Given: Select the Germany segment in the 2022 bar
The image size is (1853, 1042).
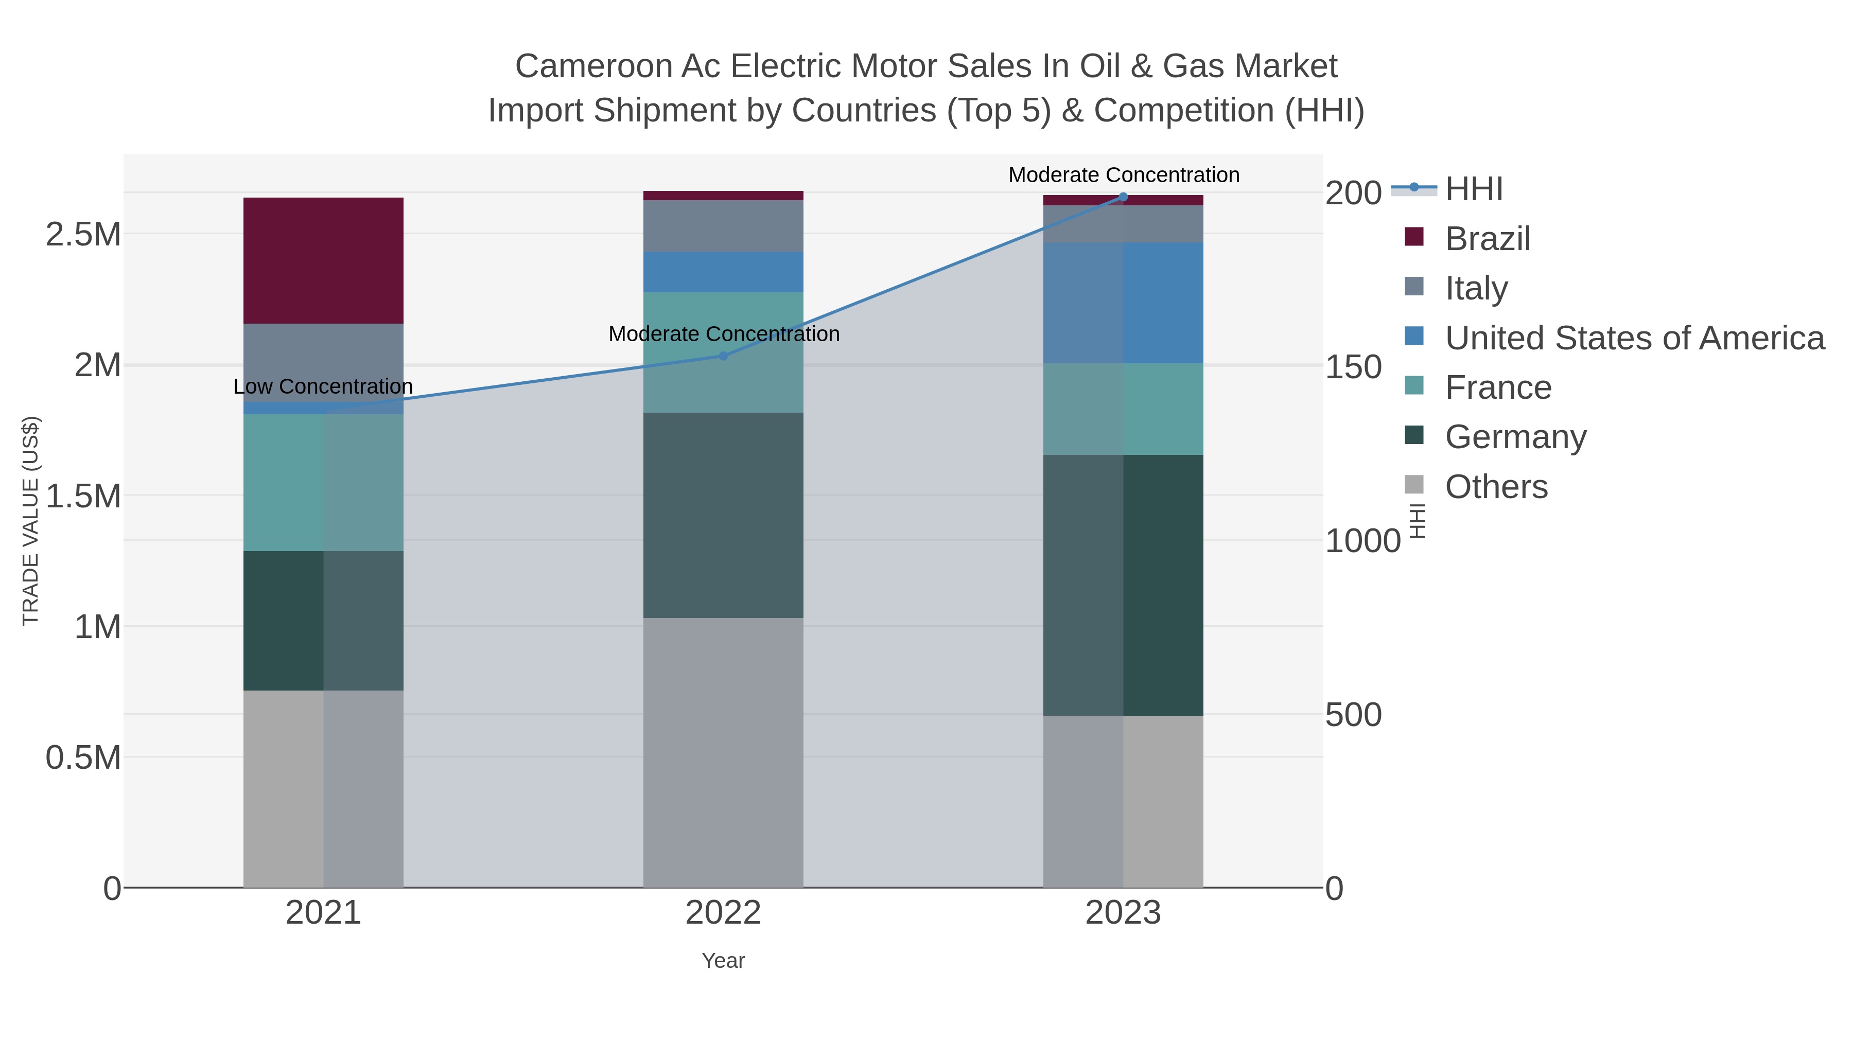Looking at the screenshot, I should (x=723, y=515).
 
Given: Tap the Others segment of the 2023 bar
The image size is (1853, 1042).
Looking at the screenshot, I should (x=1123, y=801).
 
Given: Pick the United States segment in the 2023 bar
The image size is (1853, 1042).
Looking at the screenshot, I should (x=1123, y=303).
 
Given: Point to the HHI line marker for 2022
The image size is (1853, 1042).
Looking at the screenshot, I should (x=724, y=356).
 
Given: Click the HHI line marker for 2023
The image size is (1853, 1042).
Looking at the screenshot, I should (x=1123, y=197).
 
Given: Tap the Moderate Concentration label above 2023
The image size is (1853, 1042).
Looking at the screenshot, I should (x=1124, y=175).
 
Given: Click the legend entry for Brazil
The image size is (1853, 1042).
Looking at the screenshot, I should (x=1487, y=239).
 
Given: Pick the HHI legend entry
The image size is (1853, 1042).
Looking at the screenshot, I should (x=1473, y=189).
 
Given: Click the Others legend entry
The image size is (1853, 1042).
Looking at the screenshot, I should (x=1495, y=487).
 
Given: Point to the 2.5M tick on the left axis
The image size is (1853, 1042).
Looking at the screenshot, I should (x=83, y=235).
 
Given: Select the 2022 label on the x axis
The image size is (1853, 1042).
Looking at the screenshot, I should (x=723, y=913).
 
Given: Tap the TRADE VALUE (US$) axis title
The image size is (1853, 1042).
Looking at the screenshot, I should (x=30, y=521).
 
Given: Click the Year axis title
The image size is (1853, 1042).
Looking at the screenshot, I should (x=723, y=961).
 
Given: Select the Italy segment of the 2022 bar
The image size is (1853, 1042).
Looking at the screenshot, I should (x=723, y=226).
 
